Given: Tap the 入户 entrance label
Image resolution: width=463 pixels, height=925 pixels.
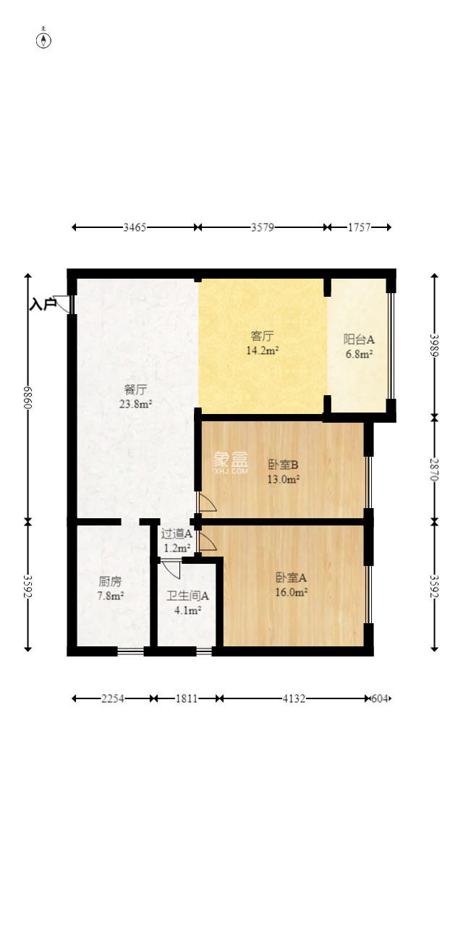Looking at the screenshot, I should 43,305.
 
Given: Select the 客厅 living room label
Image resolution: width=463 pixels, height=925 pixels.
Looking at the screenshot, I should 262,336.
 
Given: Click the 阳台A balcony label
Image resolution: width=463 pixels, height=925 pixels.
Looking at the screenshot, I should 358,339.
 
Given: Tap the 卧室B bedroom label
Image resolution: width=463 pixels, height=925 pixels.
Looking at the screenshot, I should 284,465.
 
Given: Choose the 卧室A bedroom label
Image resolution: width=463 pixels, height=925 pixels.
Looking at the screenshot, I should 291,578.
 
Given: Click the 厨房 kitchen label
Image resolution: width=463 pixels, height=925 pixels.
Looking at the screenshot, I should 111,580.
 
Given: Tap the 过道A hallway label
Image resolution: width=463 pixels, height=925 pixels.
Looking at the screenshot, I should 176,533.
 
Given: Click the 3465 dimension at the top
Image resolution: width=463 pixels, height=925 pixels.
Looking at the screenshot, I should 135,227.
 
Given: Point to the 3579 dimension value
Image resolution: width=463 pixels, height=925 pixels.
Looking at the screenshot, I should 263,227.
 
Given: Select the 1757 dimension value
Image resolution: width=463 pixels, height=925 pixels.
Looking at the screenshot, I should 359,227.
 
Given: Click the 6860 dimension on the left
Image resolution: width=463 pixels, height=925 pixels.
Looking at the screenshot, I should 28,396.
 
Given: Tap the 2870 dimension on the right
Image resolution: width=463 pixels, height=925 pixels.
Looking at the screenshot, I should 434,469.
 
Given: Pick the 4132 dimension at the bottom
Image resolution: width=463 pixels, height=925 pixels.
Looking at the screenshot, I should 294,698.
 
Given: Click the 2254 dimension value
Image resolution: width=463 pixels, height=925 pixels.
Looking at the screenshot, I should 112,698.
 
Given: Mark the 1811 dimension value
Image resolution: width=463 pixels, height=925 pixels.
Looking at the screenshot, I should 186,698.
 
